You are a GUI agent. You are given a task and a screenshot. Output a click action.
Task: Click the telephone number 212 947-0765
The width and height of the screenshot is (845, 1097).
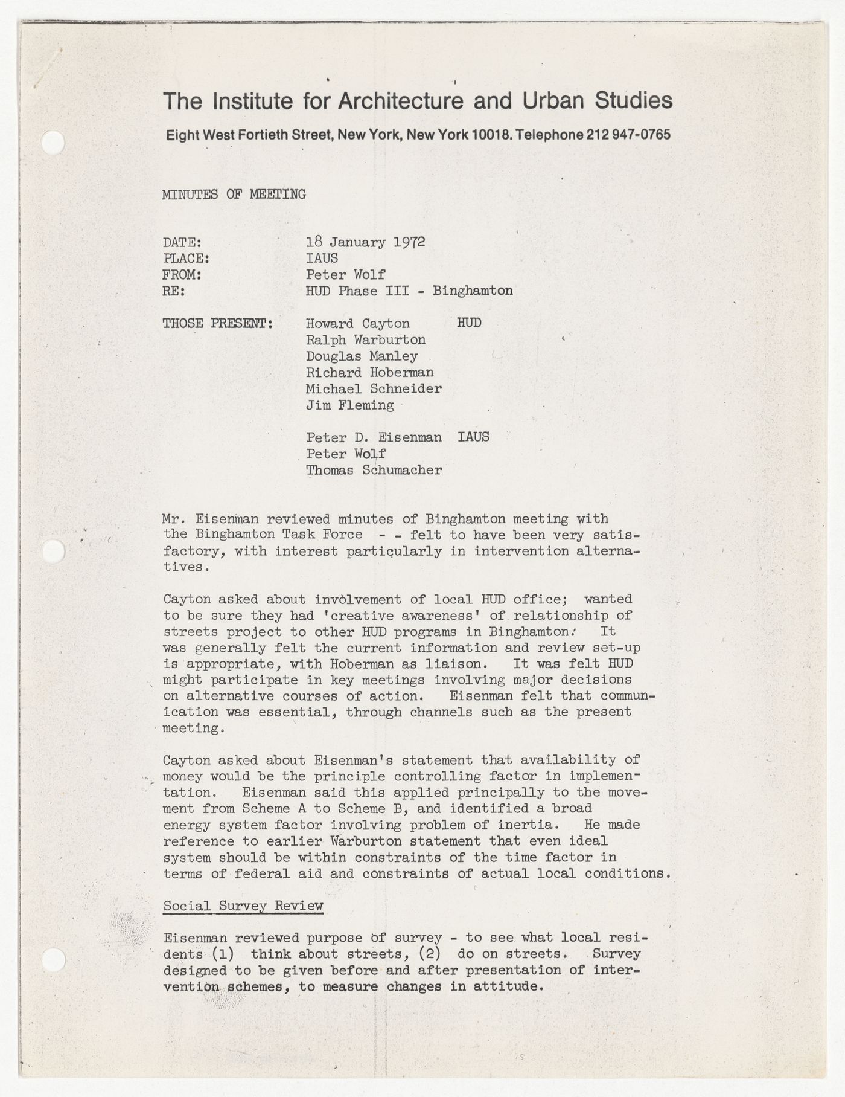(628, 135)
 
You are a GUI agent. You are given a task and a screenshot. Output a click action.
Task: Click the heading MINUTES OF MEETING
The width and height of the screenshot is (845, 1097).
(234, 195)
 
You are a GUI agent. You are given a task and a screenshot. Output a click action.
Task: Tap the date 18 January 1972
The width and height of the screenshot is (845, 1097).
(365, 242)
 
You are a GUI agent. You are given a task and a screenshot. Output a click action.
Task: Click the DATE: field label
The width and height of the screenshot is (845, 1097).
(182, 243)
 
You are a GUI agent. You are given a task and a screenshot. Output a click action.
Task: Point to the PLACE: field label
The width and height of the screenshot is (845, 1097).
(186, 259)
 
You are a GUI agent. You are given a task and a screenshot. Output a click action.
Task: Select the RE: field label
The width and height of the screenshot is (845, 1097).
(174, 291)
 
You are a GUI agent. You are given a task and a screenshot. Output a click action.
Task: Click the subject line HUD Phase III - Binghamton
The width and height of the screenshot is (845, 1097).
(409, 291)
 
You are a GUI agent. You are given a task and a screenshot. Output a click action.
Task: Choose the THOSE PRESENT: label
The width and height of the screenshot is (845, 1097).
(218, 324)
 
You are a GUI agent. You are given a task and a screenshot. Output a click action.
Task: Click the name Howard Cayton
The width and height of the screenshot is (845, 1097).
(357, 324)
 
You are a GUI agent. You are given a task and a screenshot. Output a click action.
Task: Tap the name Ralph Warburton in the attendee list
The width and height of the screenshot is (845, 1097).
(365, 340)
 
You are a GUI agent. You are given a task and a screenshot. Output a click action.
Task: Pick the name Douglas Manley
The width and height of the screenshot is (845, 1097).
(361, 356)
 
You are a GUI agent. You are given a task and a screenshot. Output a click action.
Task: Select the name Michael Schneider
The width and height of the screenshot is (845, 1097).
(373, 389)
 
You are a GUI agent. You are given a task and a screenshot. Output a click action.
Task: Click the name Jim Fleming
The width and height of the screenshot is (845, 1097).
(349, 405)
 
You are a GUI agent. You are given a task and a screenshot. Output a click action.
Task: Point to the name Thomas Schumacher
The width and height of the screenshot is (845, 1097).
(373, 470)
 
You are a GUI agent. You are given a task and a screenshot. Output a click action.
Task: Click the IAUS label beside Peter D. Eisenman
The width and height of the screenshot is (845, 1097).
(473, 437)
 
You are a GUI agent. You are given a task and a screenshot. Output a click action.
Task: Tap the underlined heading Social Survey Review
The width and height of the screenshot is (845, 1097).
(243, 906)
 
